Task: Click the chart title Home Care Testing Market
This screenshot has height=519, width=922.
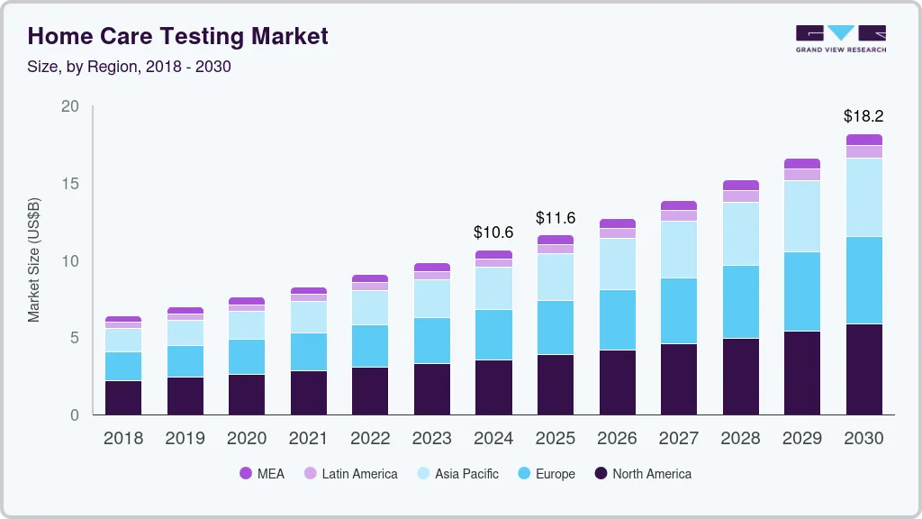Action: (177, 36)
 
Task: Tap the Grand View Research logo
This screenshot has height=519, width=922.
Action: (840, 38)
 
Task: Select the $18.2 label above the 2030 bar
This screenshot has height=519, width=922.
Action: (863, 116)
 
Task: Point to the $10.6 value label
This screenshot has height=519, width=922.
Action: (493, 232)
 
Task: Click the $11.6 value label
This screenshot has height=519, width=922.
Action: (556, 218)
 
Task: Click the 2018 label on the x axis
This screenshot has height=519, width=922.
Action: (122, 439)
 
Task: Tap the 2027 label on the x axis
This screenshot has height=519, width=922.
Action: (678, 439)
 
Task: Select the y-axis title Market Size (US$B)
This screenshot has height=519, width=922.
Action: (34, 259)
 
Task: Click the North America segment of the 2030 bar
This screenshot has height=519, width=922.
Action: (863, 369)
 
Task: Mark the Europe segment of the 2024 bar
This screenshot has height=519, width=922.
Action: (493, 334)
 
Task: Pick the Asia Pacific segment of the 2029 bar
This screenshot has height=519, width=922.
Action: (801, 216)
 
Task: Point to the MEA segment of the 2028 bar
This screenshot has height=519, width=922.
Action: (740, 185)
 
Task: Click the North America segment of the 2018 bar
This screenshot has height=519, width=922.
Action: (122, 397)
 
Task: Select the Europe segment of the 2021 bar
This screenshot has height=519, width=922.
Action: (308, 351)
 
